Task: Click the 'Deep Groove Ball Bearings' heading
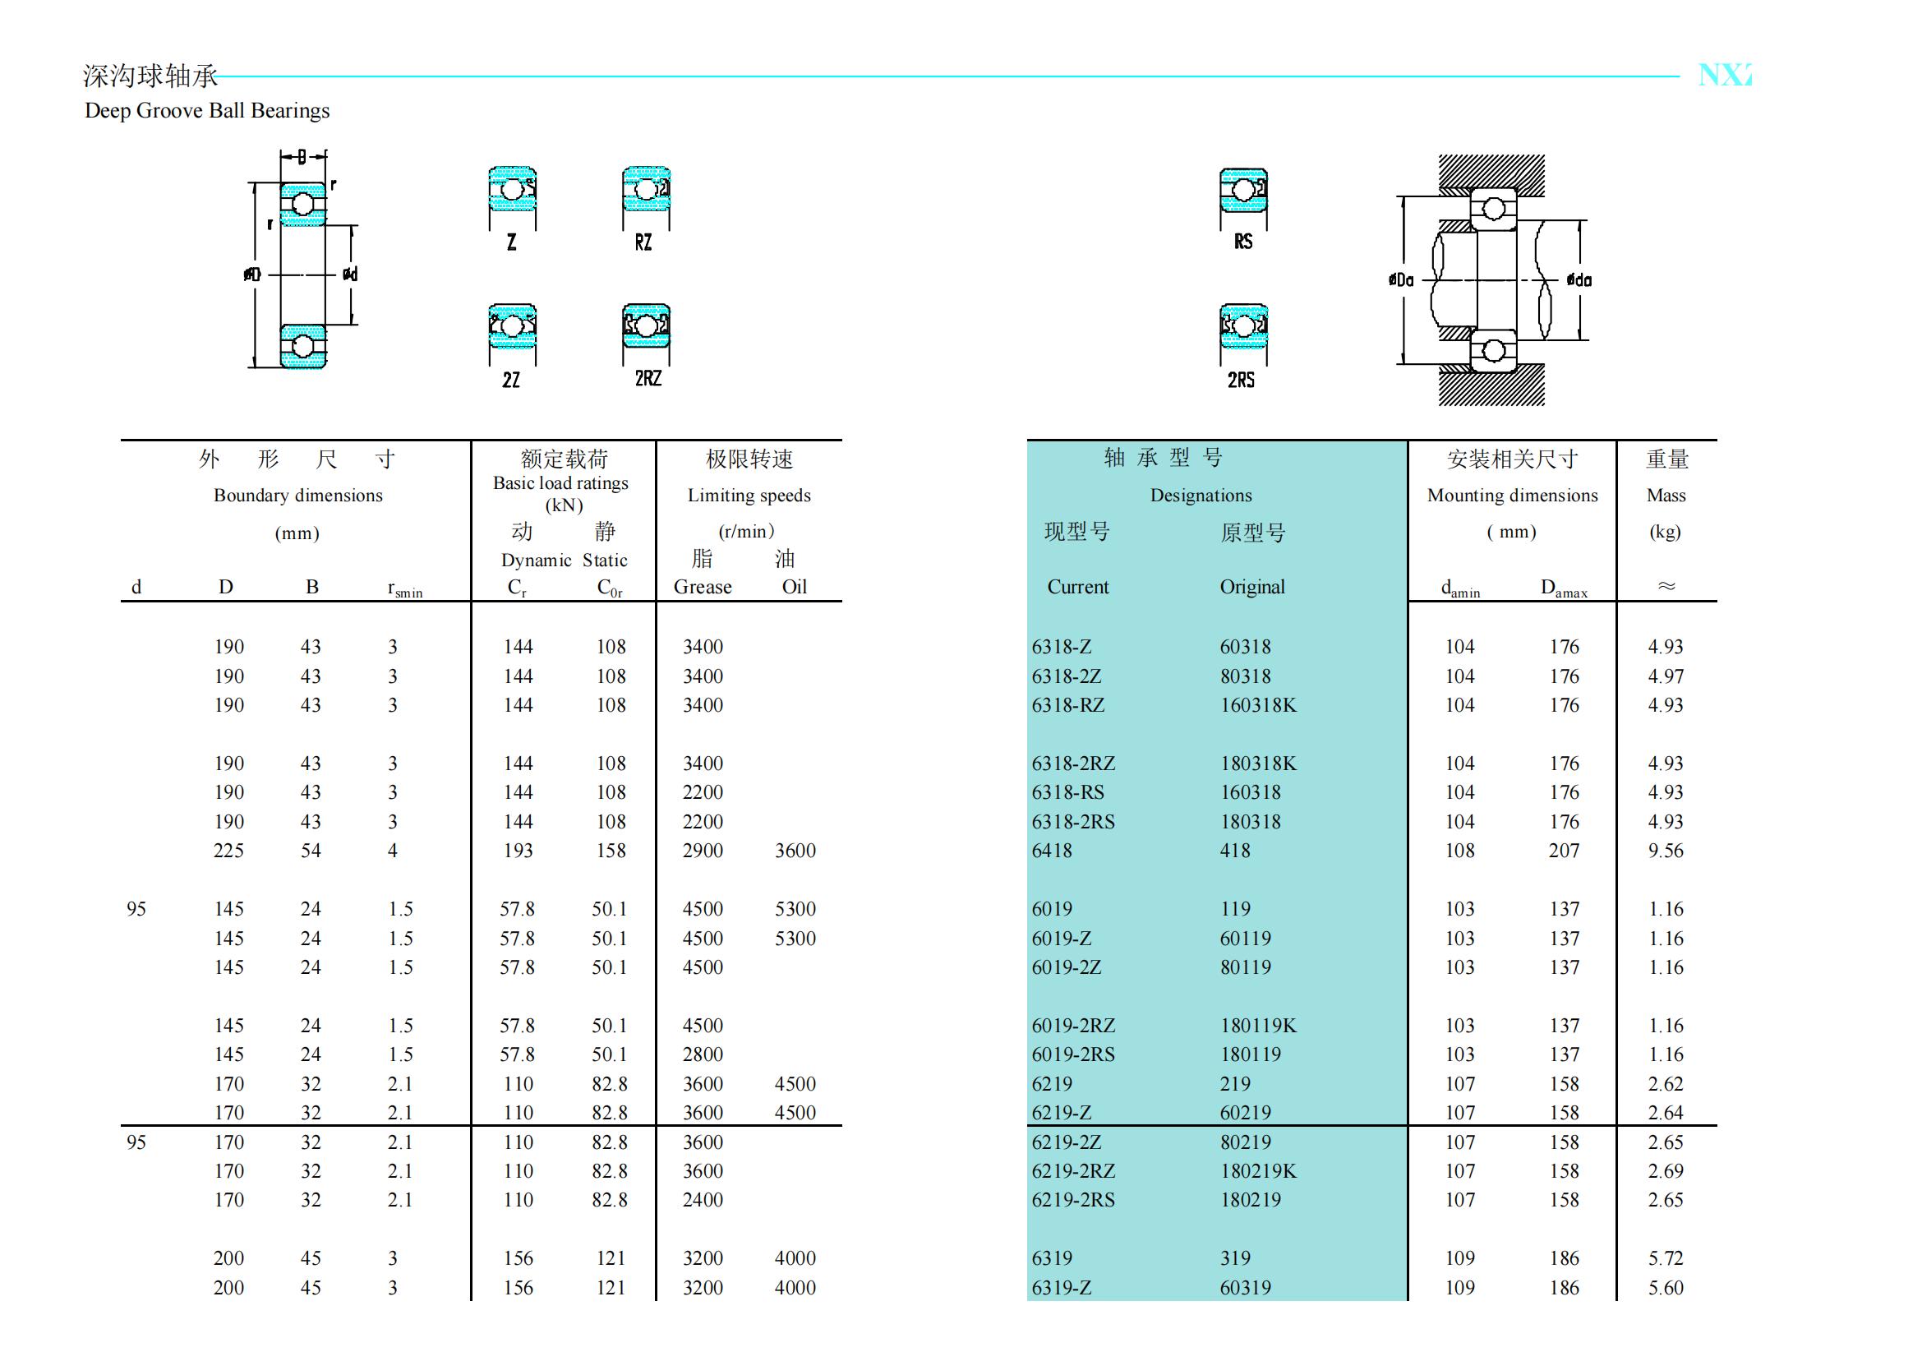click(207, 111)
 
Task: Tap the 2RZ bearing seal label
click(648, 379)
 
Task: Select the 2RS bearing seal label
click(1241, 381)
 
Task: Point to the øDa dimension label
click(1400, 280)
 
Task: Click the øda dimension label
click(1579, 280)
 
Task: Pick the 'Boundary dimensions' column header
click(297, 496)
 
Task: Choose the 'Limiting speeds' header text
click(749, 496)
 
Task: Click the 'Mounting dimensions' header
click(1512, 496)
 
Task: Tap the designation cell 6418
click(1052, 851)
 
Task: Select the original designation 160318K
click(1257, 705)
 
